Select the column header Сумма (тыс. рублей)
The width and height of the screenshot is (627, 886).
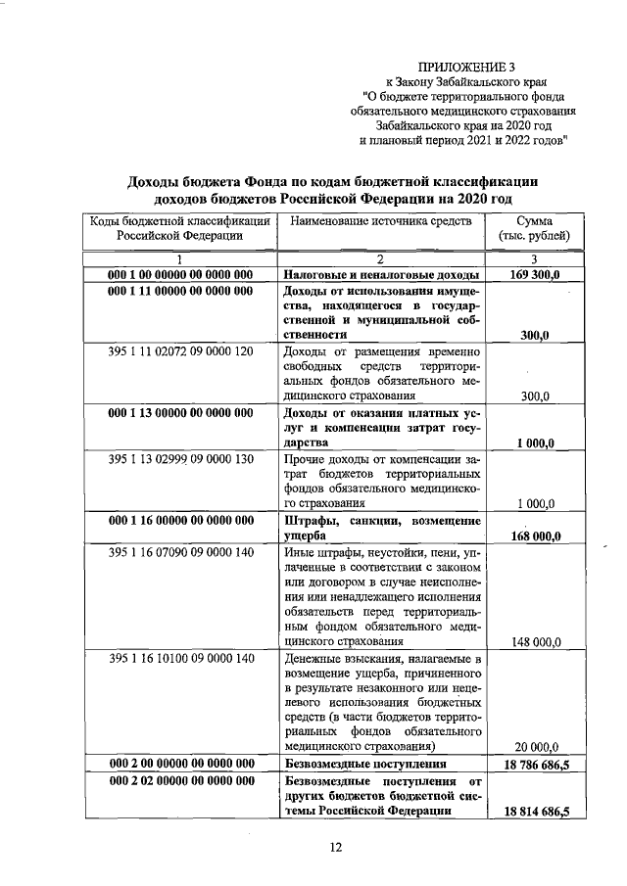(534, 229)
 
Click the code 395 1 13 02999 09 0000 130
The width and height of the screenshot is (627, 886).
(179, 459)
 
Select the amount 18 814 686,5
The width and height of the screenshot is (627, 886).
(534, 812)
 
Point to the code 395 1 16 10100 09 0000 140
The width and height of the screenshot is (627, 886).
(179, 659)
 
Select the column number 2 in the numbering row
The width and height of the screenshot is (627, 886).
(380, 258)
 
